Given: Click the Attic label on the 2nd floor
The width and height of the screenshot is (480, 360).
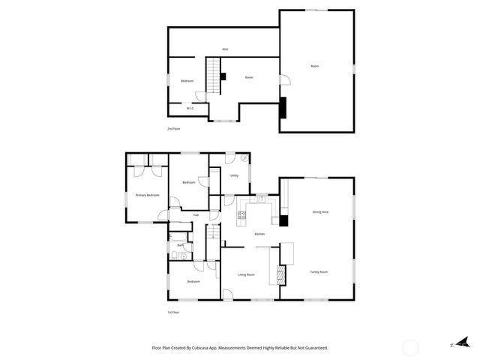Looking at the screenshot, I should (x=225, y=49).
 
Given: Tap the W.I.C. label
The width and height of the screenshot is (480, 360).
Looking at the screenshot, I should (x=190, y=108).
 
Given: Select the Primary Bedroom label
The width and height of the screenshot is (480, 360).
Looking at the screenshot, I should (x=147, y=195).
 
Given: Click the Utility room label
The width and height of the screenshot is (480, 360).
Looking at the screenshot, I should (x=235, y=175).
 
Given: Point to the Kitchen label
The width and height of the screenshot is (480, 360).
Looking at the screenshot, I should (x=259, y=235).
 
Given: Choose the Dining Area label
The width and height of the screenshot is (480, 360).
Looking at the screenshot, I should (x=320, y=212).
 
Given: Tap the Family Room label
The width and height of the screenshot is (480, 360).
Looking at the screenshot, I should (x=319, y=271).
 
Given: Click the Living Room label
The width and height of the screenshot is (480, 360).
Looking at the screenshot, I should (x=246, y=274).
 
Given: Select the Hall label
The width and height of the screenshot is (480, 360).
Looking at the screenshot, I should (x=196, y=215).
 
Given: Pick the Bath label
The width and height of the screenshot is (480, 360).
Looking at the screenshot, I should (x=180, y=245).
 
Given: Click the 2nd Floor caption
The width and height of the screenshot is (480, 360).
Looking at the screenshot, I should (x=174, y=129).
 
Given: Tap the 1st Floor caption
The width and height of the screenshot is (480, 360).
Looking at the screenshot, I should (x=174, y=312).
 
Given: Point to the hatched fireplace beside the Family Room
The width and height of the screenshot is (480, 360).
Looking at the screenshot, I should (x=282, y=274).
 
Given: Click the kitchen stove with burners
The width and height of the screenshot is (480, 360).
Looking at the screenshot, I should (x=242, y=217).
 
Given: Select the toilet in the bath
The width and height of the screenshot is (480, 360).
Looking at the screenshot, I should (x=173, y=257).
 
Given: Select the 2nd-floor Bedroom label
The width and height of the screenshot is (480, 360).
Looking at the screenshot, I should (x=187, y=81).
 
